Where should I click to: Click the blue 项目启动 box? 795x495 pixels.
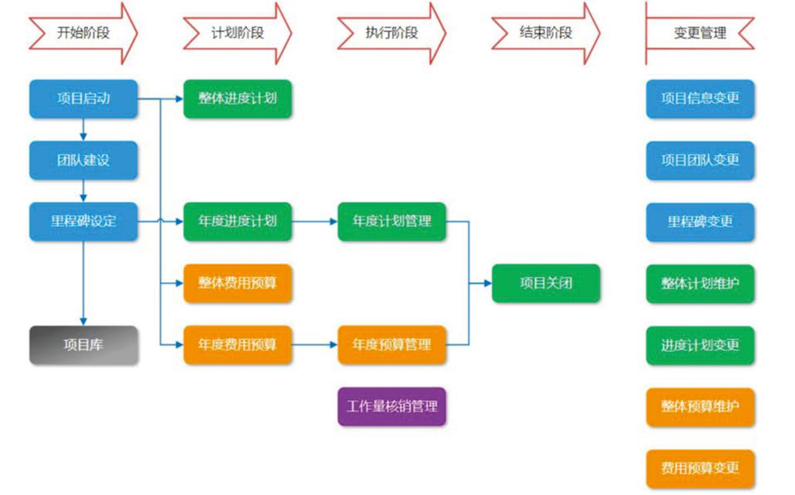[83, 99]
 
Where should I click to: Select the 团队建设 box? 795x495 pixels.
[83, 160]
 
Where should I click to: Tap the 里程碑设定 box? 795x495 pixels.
[83, 221]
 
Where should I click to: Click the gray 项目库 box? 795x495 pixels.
[83, 345]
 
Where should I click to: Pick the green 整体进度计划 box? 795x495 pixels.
[237, 99]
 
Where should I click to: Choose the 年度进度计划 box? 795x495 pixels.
[237, 221]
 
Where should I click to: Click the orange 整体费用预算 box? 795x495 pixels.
[237, 283]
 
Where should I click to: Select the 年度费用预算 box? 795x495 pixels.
[237, 345]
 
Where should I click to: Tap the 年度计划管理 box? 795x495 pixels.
[392, 221]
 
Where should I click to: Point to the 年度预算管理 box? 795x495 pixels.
[392, 345]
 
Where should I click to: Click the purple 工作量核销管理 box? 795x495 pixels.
[392, 406]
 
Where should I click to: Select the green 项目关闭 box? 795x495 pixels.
[546, 283]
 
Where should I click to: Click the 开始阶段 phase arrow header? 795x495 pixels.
[83, 33]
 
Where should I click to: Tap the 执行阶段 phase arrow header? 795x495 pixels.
[392, 33]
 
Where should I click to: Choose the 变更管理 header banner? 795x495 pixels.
[700, 33]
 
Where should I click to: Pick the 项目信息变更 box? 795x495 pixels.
[700, 99]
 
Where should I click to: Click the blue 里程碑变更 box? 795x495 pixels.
[700, 221]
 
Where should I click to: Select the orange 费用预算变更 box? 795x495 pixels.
[700, 468]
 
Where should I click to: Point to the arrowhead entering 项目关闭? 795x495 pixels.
[488, 283]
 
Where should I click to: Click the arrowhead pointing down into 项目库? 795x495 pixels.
[83, 322]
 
